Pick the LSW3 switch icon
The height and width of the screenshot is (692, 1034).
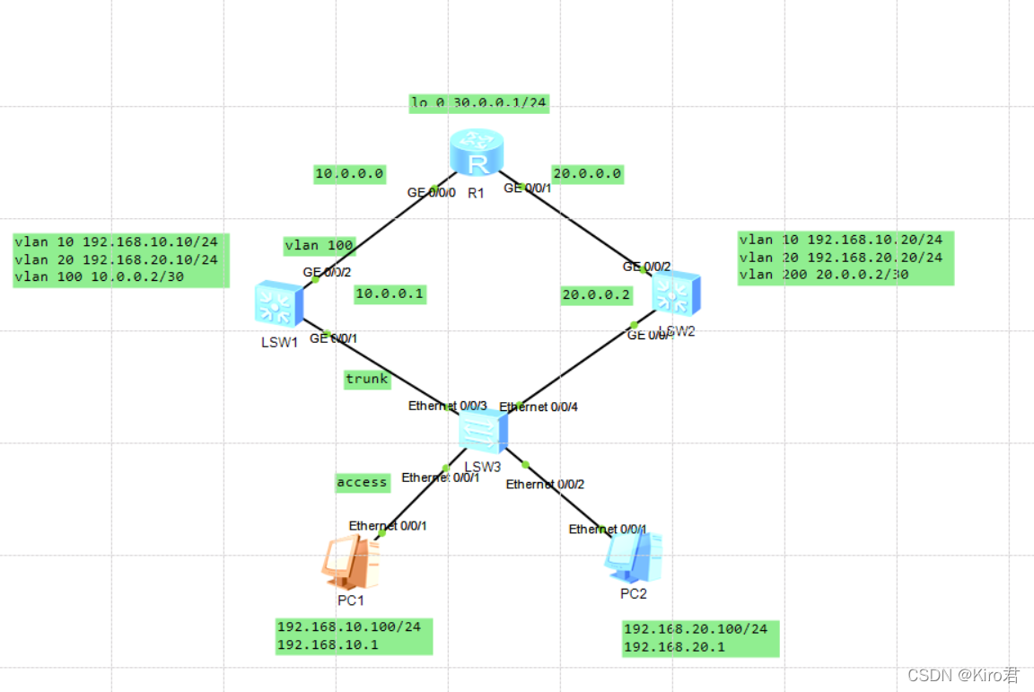pos(482,433)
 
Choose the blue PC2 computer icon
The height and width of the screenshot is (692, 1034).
pos(634,557)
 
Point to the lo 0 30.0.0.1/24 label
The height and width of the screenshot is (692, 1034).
pos(478,102)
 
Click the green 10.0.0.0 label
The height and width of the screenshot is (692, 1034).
pos(349,174)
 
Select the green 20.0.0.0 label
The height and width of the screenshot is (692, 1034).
pos(587,174)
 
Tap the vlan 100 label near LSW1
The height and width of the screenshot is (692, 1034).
pos(320,245)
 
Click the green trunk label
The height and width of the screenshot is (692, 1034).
pos(367,379)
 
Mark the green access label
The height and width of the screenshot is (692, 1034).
pos(362,483)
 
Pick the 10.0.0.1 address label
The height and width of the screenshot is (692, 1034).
pos(390,293)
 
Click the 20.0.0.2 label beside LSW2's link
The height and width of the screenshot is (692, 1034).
pos(596,294)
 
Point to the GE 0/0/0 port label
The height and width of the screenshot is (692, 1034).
pos(431,193)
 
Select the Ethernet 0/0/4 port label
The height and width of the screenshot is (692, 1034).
pos(539,407)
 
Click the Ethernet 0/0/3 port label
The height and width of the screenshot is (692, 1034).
pos(447,407)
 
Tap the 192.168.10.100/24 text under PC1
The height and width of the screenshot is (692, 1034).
pos(348,627)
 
